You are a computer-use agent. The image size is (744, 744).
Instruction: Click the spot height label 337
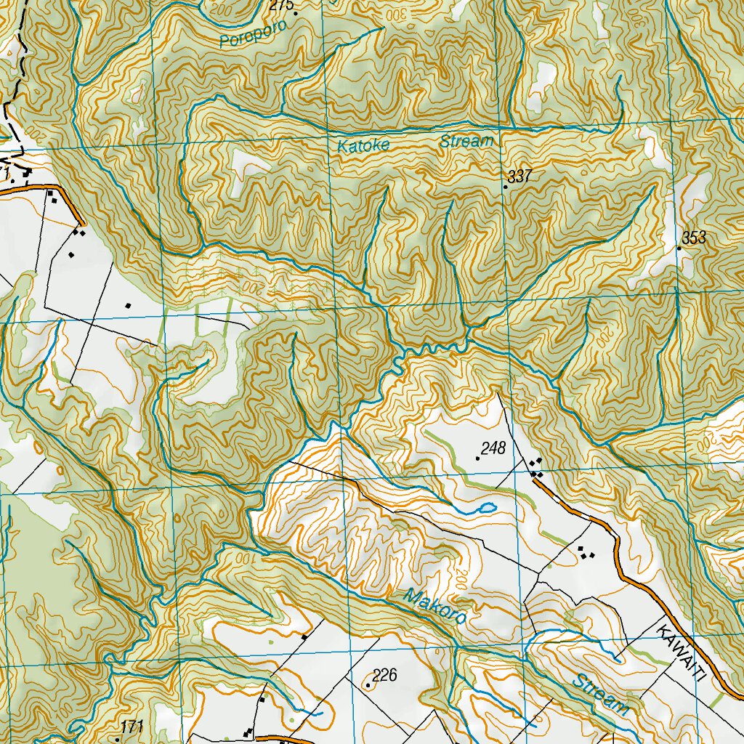pyautogui.click(x=521, y=176)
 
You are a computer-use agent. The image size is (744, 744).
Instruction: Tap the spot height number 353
pyautogui.click(x=694, y=238)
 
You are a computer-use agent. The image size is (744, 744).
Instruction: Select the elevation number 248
pyautogui.click(x=493, y=448)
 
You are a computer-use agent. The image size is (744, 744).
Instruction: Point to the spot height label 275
pyautogui.click(x=280, y=5)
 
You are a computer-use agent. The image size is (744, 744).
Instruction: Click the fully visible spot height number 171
pyautogui.click(x=132, y=727)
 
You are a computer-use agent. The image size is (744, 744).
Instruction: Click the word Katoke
pyautogui.click(x=363, y=145)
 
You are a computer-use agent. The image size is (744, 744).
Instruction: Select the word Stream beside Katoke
pyautogui.click(x=466, y=141)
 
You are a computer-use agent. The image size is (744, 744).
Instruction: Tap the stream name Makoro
pyautogui.click(x=434, y=607)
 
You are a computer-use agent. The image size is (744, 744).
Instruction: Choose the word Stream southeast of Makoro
pyautogui.click(x=600, y=695)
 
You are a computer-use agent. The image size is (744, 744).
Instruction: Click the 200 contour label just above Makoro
pyautogui.click(x=462, y=579)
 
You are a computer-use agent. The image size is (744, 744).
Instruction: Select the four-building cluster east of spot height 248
pyautogui.click(x=537, y=467)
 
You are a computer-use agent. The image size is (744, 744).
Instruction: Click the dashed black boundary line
pyautogui.click(x=15, y=87)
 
